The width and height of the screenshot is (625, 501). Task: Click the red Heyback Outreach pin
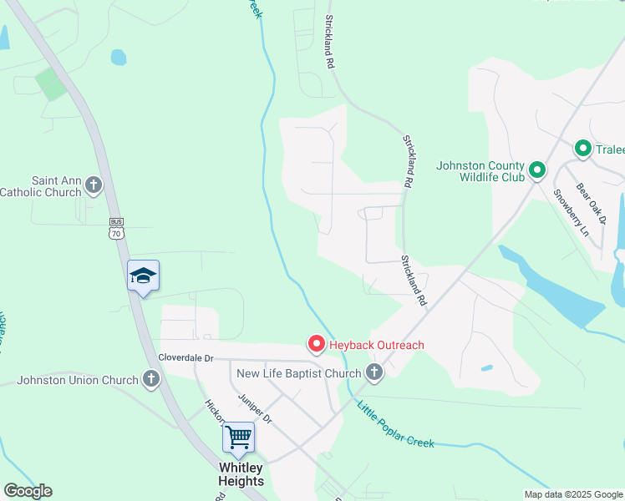coord(317,343)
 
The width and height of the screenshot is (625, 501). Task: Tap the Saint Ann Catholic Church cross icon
coord(94,185)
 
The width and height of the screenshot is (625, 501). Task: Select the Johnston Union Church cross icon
coord(150,380)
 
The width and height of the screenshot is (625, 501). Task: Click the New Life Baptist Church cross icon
coord(374,372)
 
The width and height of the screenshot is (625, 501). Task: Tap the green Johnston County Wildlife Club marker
coord(537,170)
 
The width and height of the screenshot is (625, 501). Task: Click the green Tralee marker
coord(583,149)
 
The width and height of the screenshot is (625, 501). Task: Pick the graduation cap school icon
coord(143,276)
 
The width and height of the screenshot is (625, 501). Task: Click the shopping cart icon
coord(239,436)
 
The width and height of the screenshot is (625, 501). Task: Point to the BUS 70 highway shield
coord(116,228)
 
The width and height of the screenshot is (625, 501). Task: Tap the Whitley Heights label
coord(241,473)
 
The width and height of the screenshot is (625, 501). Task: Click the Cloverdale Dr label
coord(186,357)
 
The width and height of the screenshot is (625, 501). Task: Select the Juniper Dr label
coord(255,408)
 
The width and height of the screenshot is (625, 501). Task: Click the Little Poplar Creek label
coord(396,426)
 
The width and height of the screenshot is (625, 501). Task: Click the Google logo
coord(28,491)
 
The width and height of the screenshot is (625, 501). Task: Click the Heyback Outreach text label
coord(377,345)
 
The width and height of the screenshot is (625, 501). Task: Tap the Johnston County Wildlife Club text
coord(480,170)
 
